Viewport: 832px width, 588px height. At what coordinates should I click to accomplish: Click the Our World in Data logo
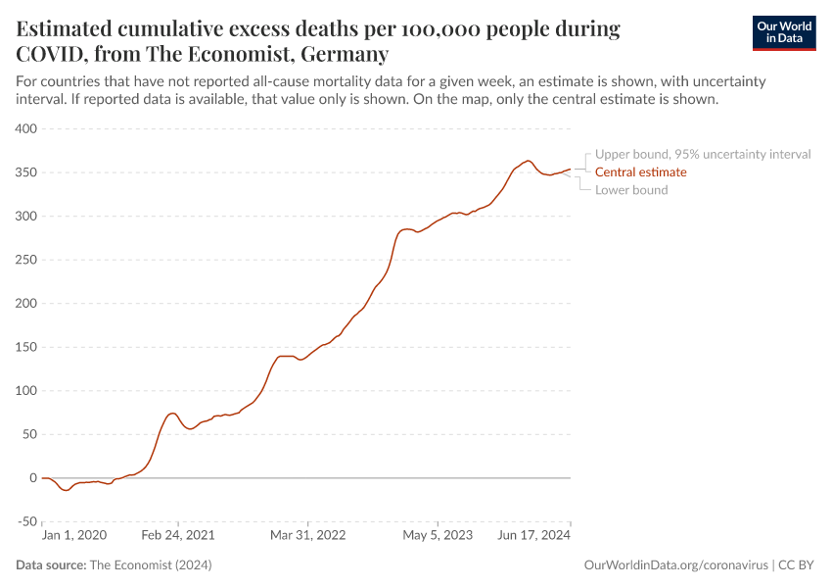pos(783,32)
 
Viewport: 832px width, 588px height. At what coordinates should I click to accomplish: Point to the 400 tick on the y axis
pos(25,129)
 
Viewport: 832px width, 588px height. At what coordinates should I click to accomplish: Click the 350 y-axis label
pos(25,172)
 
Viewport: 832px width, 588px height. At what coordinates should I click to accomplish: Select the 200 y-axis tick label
pos(25,304)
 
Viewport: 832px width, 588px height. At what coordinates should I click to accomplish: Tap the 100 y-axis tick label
pos(25,391)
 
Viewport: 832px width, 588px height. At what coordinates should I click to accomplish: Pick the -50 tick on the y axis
pos(23,521)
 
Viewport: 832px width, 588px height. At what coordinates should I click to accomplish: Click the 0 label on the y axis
pos(32,478)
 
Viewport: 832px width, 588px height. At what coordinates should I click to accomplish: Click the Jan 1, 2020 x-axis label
pos(74,536)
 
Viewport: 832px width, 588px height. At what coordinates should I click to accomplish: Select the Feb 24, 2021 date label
pos(178,536)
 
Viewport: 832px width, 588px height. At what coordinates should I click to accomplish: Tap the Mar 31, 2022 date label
pos(308,536)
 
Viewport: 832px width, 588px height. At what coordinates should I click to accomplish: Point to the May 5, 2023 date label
pos(438,536)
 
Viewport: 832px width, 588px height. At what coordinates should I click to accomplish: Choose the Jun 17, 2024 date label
pos(534,536)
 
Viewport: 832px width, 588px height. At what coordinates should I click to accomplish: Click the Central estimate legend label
pos(640,172)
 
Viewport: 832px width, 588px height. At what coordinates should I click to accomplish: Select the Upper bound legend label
pos(702,155)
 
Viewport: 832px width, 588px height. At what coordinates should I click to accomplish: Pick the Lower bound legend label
pos(631,190)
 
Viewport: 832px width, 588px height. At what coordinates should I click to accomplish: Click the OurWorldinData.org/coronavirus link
pos(674,565)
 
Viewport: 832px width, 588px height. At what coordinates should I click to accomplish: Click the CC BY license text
pos(797,565)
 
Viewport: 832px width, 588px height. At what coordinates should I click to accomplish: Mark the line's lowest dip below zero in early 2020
pos(66,490)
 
